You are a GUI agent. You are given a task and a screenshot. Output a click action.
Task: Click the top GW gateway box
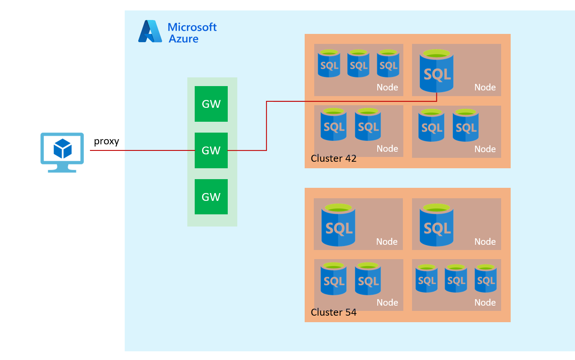coord(211,104)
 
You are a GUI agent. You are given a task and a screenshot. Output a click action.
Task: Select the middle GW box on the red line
coord(211,150)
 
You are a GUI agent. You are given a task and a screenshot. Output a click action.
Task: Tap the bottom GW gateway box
coord(211,197)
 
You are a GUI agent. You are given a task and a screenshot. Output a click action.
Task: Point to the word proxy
coord(106,141)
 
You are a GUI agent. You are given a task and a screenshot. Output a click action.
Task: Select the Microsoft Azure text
coord(192,33)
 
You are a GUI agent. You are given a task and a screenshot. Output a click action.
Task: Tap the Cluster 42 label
coord(333,158)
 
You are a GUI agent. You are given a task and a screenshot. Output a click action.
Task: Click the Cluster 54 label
coord(333,312)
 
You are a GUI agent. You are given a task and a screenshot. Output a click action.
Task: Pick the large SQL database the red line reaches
coord(436,72)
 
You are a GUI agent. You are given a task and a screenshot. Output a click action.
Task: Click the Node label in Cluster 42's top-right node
coord(485,87)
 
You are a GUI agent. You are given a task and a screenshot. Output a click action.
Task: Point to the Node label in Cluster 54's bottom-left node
coord(387,303)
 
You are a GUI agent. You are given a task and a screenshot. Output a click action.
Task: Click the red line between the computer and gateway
coord(143,150)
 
